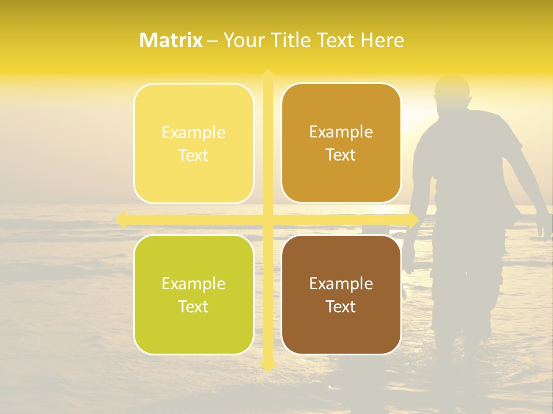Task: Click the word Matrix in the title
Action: click(x=171, y=40)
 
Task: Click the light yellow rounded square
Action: click(x=194, y=143)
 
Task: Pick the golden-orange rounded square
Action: click(x=341, y=143)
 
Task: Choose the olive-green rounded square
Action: click(x=194, y=294)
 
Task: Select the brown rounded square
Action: click(x=341, y=294)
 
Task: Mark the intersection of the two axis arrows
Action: click(x=268, y=220)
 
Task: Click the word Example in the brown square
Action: click(x=341, y=283)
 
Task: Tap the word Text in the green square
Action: click(x=194, y=306)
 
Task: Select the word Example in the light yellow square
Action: click(x=194, y=132)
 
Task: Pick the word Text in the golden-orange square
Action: click(x=341, y=155)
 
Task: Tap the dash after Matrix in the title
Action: click(x=213, y=41)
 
